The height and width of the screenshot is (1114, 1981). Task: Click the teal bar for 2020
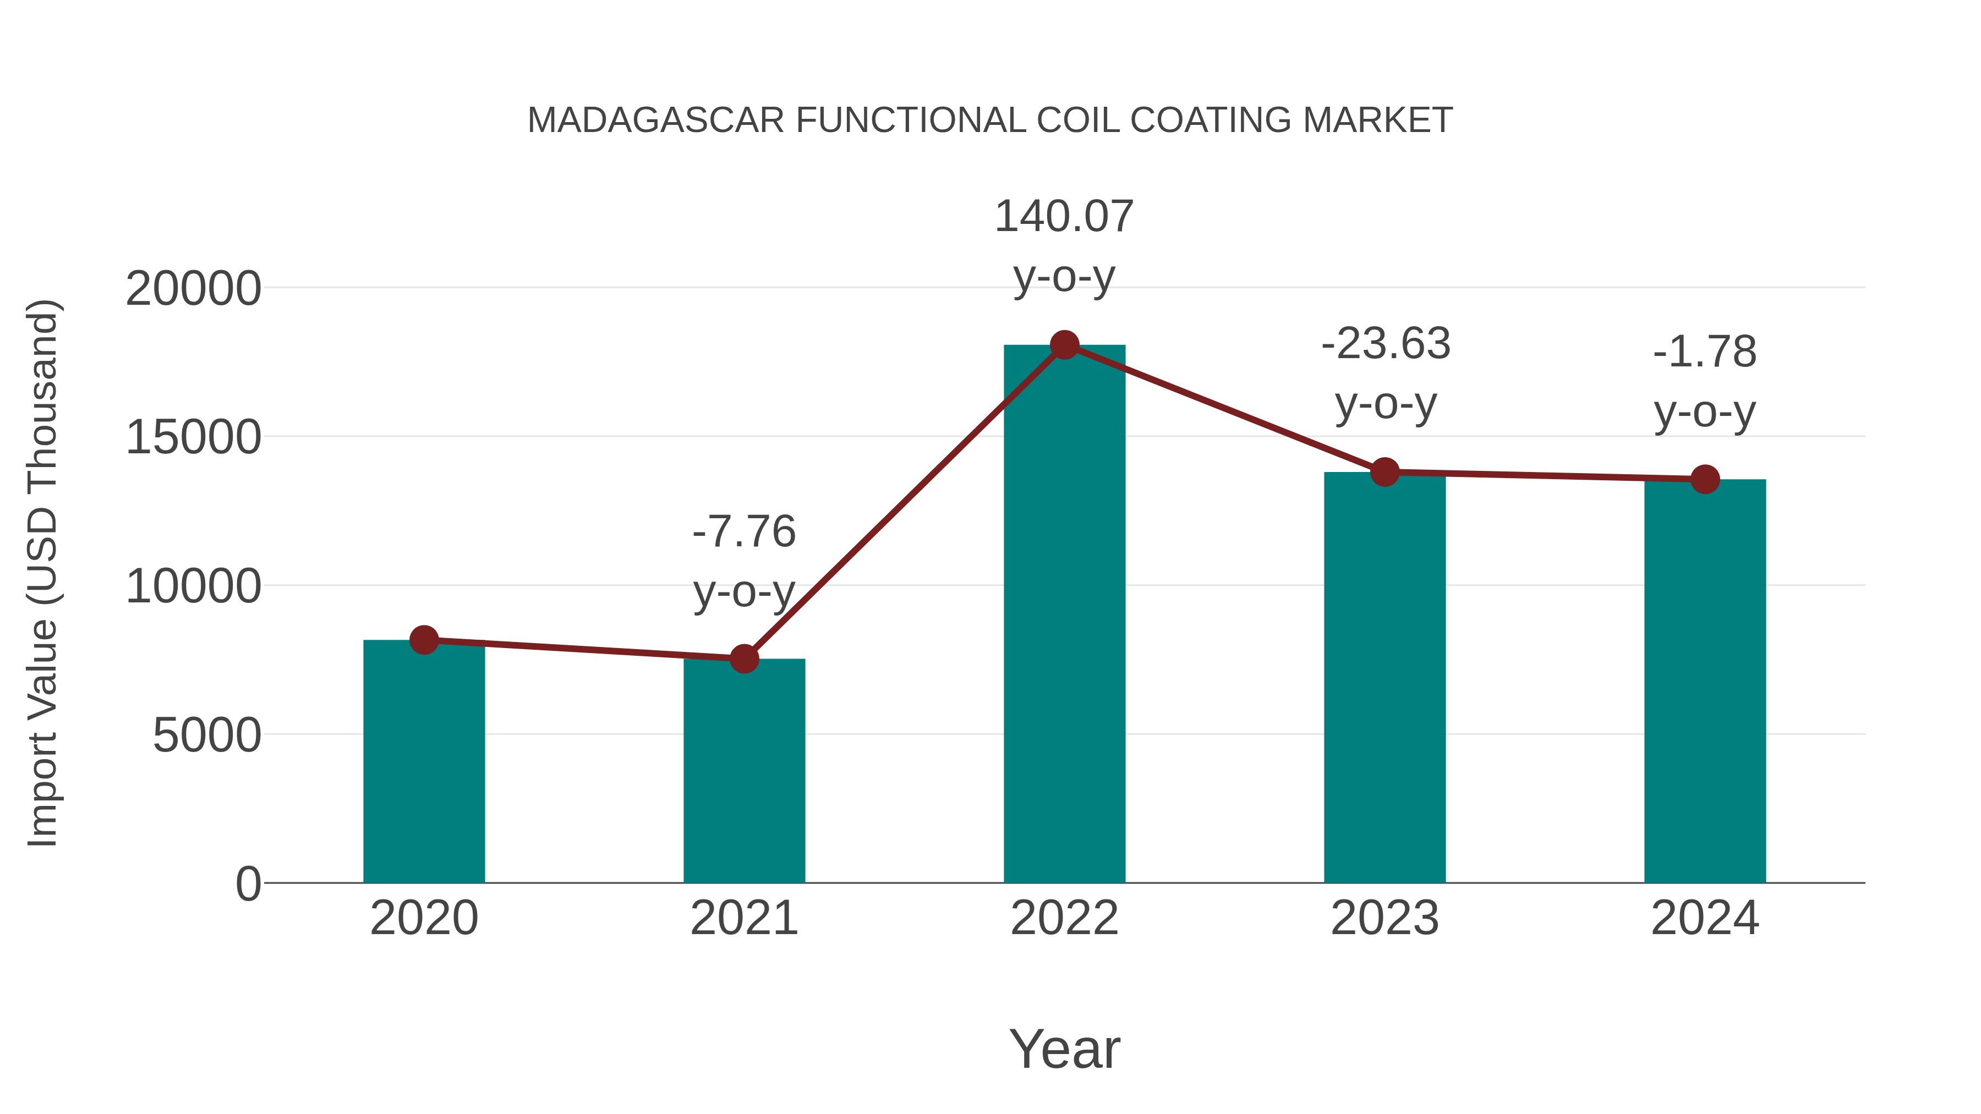(424, 761)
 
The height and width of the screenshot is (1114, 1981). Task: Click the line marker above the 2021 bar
(743, 658)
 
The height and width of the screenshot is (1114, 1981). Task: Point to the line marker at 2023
(1384, 472)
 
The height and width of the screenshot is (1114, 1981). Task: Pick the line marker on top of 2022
(1064, 345)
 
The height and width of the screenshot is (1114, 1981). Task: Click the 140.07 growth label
(1064, 217)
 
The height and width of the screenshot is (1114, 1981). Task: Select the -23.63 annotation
(1385, 344)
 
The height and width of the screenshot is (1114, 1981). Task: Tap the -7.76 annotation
(743, 532)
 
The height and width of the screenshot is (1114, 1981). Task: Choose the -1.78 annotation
(1704, 353)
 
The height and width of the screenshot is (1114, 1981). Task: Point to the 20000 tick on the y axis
(193, 290)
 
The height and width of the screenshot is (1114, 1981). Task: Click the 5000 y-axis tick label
(207, 736)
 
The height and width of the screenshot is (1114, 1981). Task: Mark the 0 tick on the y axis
(248, 884)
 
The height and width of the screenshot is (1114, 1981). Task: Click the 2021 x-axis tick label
(743, 918)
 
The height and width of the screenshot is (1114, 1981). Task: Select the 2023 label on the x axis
(1384, 918)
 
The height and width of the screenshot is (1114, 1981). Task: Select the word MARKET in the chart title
(1377, 120)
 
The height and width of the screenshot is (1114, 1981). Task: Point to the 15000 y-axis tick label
(193, 438)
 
